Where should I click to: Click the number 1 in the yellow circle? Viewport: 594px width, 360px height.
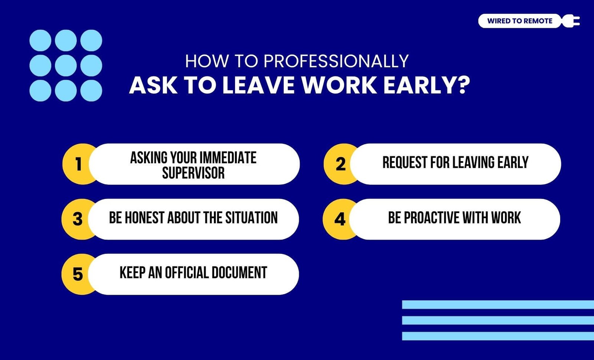[x=78, y=164]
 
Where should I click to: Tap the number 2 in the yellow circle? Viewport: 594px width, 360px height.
[x=340, y=164]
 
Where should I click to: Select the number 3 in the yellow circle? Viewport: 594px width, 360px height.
[x=78, y=219]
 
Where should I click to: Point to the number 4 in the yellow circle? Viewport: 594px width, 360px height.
[x=340, y=219]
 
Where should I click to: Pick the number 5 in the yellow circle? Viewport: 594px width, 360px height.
[x=78, y=274]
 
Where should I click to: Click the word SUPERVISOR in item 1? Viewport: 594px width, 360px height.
[x=193, y=173]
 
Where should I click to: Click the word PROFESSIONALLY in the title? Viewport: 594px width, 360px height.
[x=336, y=61]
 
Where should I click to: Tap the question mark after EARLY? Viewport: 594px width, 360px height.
[x=464, y=85]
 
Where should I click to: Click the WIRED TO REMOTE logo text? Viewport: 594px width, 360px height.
[x=519, y=21]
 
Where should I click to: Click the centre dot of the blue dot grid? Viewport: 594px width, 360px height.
[x=66, y=65]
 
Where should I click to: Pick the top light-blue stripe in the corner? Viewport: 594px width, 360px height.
[x=498, y=305]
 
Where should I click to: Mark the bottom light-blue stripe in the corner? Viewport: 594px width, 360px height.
[x=498, y=336]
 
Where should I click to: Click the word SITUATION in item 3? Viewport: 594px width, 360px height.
[x=251, y=217]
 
